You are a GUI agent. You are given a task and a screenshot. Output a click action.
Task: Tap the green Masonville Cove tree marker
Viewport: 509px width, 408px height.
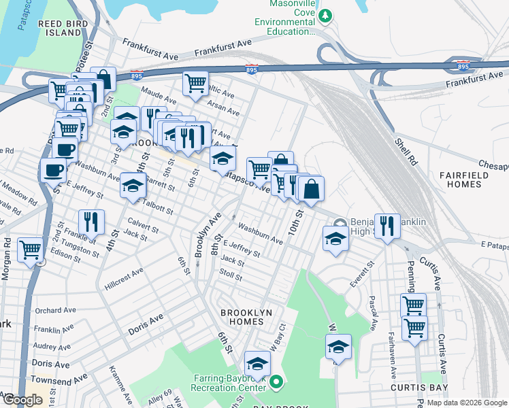(x=326, y=15)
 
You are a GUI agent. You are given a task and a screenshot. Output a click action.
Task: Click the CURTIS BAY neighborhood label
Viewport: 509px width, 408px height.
(x=418, y=387)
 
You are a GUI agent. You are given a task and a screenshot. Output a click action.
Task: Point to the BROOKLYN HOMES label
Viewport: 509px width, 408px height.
(x=242, y=316)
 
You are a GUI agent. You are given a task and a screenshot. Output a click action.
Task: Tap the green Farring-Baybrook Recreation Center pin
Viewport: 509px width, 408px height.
(x=276, y=384)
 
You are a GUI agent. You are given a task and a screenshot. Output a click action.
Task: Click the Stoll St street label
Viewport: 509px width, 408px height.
(x=231, y=276)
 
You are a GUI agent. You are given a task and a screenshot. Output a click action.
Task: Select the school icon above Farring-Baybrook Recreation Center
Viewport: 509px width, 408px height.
(x=257, y=362)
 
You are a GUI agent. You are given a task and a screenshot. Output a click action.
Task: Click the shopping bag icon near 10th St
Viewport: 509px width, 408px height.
(x=311, y=188)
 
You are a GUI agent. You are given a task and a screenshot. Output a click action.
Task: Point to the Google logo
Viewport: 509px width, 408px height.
(x=22, y=399)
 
